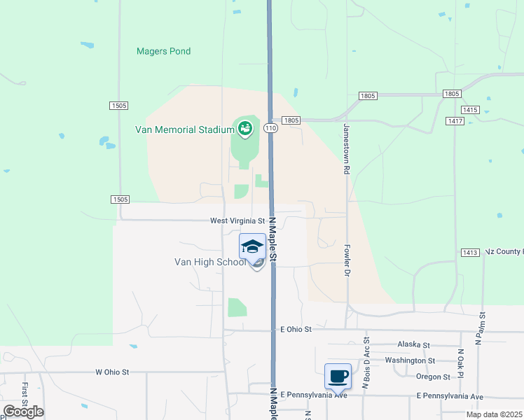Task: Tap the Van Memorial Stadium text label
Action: click(184, 129)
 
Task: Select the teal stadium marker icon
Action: click(244, 127)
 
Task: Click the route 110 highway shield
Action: click(270, 128)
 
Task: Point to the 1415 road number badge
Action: click(469, 110)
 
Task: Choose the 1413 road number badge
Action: click(470, 252)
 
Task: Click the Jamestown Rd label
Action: click(346, 148)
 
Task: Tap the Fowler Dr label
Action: click(346, 260)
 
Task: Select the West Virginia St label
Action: click(237, 220)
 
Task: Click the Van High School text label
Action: click(210, 262)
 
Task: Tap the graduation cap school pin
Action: click(252, 246)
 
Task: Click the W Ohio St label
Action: click(113, 372)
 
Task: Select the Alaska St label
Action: click(413, 344)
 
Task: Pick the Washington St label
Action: click(410, 360)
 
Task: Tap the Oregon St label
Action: click(432, 377)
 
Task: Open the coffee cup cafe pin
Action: click(338, 376)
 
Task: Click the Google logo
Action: click(23, 411)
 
